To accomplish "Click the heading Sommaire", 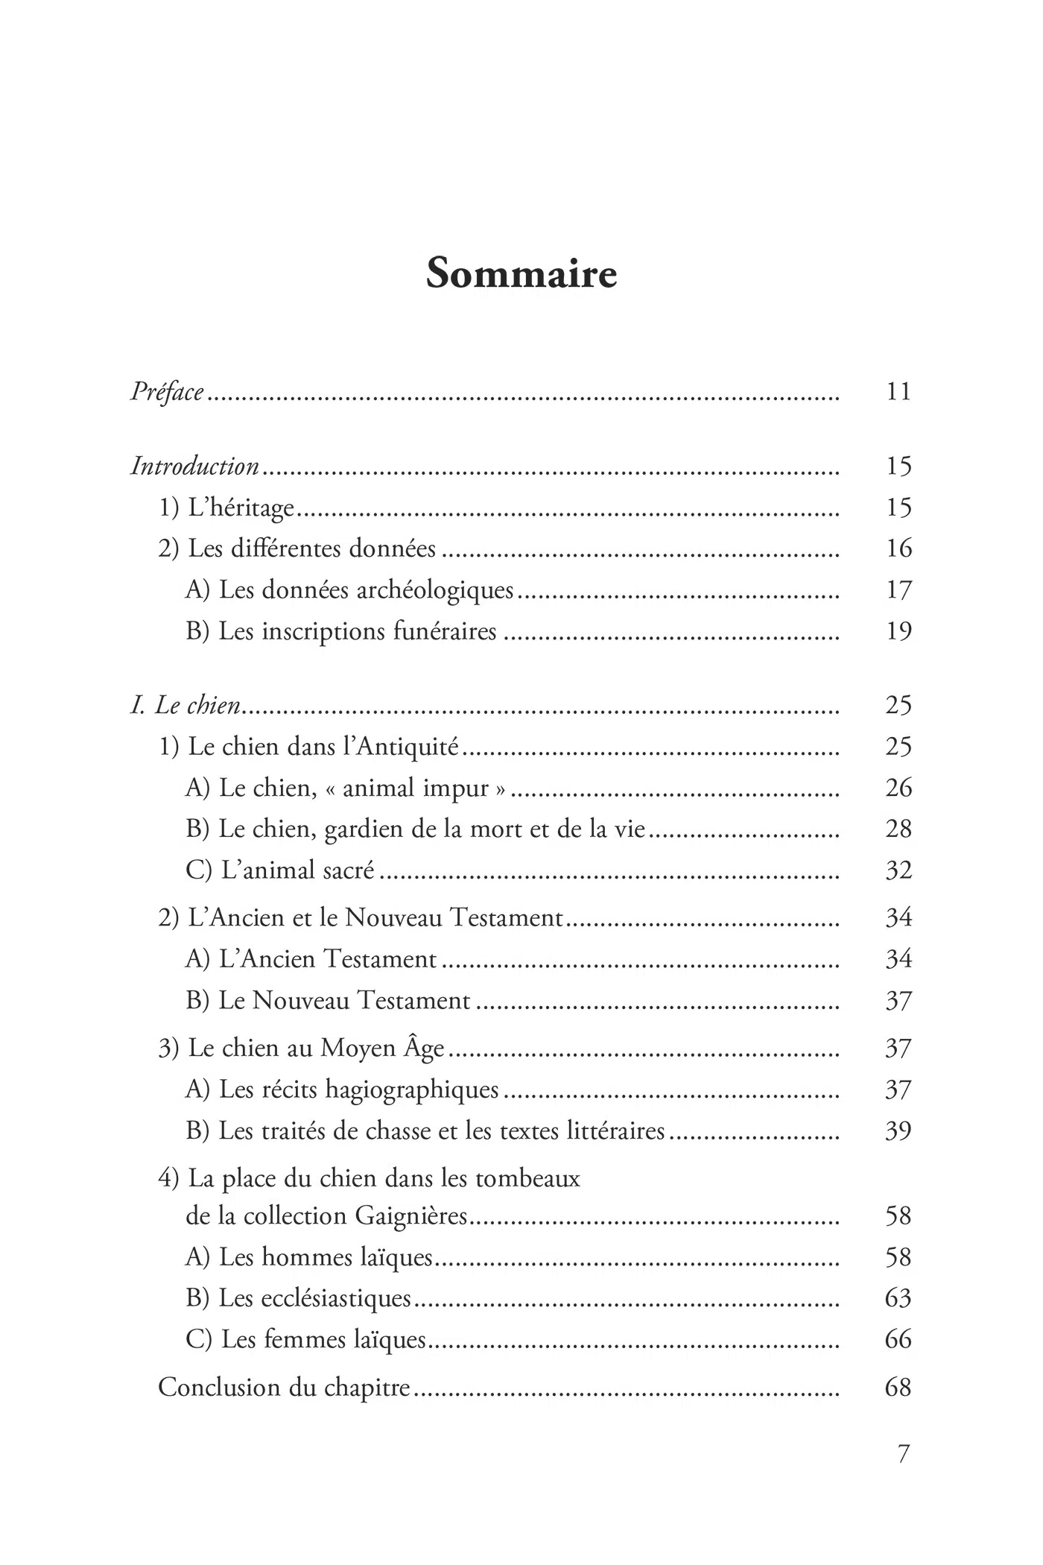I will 521,274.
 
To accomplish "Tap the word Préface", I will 167,391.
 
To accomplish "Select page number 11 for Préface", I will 898,391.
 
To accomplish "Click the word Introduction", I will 195,467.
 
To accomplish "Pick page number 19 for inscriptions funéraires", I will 898,631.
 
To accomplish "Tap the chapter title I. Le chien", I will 186,705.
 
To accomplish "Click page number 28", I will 898,829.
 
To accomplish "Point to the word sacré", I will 349,870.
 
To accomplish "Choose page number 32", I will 898,870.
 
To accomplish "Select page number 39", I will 898,1131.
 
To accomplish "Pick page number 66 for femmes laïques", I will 898,1339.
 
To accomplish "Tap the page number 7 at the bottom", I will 903,1454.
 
